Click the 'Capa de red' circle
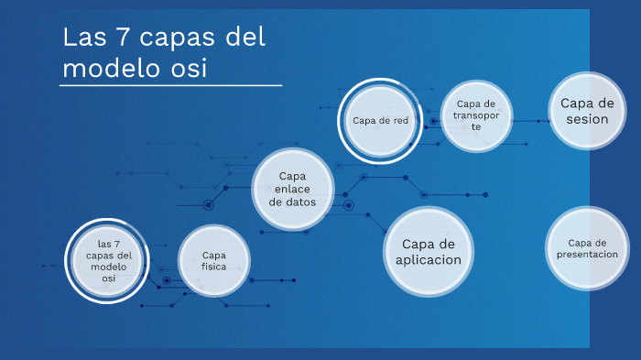pyautogui.click(x=380, y=120)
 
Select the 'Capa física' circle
pyautogui.click(x=213, y=261)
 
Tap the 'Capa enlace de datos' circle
pyautogui.click(x=292, y=189)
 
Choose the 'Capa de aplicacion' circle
pyautogui.click(x=429, y=251)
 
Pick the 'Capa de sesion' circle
pyautogui.click(x=587, y=110)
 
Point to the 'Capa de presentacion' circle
pyautogui.click(x=587, y=248)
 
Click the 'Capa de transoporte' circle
pyautogui.click(x=476, y=115)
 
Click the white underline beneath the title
pyautogui.click(x=171, y=85)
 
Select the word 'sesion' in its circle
pyautogui.click(x=587, y=119)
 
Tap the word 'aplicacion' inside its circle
pyautogui.click(x=429, y=260)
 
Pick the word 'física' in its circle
pyautogui.click(x=213, y=267)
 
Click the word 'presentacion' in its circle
pyautogui.click(x=587, y=254)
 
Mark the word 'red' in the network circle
pyautogui.click(x=399, y=120)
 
